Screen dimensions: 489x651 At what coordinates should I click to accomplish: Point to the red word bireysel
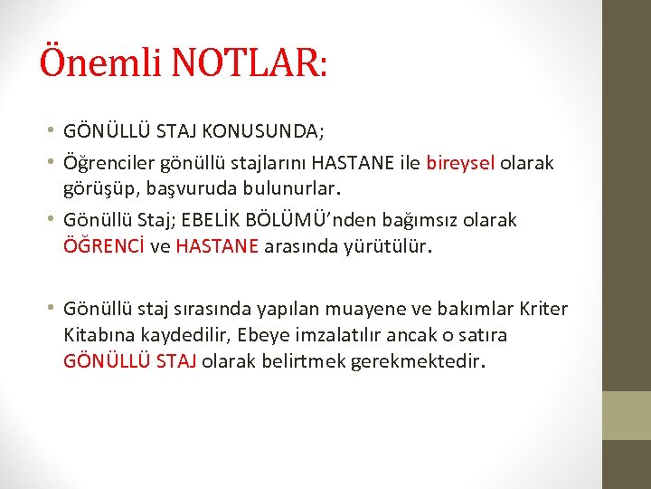459,163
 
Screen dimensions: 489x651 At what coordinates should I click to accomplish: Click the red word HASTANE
218,244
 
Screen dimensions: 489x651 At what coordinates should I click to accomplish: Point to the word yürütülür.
388,244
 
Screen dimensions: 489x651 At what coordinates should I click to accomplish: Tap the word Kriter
544,309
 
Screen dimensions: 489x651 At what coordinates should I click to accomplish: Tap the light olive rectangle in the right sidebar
627,416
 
